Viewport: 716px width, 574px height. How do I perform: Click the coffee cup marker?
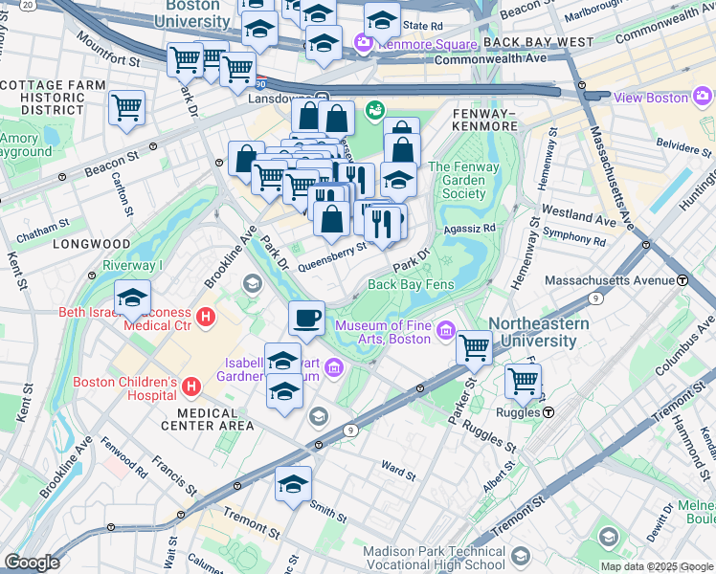click(306, 319)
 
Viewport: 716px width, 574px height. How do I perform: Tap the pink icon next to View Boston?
click(704, 97)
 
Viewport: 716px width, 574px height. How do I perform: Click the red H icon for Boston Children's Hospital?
click(190, 386)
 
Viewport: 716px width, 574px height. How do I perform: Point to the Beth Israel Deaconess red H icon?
click(203, 317)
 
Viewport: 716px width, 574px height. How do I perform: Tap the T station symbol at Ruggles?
click(549, 412)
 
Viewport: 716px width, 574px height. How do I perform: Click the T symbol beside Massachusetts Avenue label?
click(683, 280)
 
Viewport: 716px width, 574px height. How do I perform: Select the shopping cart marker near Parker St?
click(474, 347)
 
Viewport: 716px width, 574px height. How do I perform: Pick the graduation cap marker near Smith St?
click(293, 484)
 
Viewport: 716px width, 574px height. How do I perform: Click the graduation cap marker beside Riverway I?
click(132, 298)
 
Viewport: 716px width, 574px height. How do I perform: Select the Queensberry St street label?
click(333, 254)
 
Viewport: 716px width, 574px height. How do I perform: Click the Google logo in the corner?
click(32, 562)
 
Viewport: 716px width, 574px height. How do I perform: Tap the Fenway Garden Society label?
click(458, 180)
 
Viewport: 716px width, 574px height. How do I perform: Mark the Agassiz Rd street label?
click(470, 229)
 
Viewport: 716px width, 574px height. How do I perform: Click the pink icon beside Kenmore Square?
click(363, 43)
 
